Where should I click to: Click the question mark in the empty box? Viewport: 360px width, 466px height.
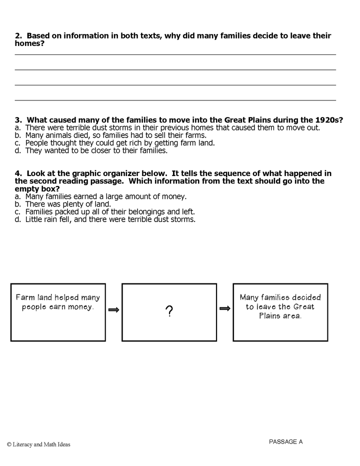pos(169,312)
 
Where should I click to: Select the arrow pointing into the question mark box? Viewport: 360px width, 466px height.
pos(114,310)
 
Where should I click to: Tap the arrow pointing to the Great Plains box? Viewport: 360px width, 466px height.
pos(225,308)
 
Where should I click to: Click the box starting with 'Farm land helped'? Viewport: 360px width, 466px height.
pos(58,312)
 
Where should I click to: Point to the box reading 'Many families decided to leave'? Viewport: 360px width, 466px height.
pos(280,312)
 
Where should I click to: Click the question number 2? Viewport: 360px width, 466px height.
pos(18,36)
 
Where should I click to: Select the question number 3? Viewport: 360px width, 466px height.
pos(18,120)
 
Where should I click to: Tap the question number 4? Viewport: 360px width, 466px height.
pos(18,173)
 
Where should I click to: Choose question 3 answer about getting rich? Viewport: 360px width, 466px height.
pos(113,142)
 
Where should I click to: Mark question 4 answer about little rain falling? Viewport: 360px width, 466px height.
pos(105,219)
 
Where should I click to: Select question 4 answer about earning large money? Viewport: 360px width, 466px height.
pos(100,196)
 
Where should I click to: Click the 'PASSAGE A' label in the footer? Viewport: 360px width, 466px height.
pos(285,441)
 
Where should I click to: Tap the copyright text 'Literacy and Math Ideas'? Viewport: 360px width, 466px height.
pos(38,444)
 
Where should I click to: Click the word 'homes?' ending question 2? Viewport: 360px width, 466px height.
pos(29,43)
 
